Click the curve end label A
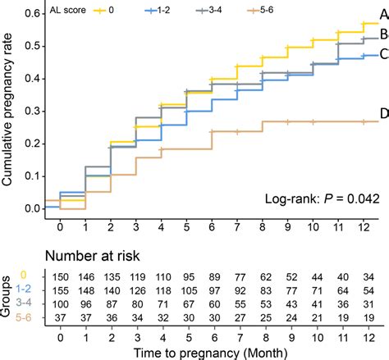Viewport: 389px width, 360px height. tap(383, 16)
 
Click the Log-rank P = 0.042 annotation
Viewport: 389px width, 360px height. tap(321, 199)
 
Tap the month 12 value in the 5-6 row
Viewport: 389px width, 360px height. tap(366, 317)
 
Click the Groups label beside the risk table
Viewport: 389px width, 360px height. tap(8, 298)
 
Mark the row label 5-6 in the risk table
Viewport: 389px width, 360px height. tap(27, 317)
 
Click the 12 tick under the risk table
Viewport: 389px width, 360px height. tap(366, 335)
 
